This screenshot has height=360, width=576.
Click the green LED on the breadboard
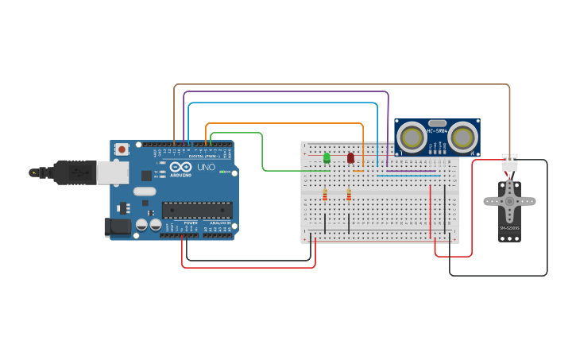click(x=327, y=158)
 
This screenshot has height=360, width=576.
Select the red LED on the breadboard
click(x=350, y=158)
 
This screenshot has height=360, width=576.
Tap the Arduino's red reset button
click(x=121, y=149)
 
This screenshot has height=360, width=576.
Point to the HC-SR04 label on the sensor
click(x=437, y=130)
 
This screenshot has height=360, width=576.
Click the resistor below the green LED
click(x=324, y=195)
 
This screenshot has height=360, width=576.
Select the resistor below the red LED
click(x=349, y=195)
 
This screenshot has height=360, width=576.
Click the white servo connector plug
click(x=509, y=162)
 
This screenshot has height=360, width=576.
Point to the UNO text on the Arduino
click(x=206, y=168)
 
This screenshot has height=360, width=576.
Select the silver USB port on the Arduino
click(x=111, y=172)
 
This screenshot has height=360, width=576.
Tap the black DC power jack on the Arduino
click(x=118, y=226)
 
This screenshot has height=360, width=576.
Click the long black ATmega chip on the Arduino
click(x=197, y=210)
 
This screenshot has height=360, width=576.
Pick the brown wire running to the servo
click(x=342, y=84)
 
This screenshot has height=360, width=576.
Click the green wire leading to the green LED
click(x=262, y=151)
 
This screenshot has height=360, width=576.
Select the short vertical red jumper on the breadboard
click(x=431, y=210)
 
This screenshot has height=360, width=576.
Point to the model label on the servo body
click(x=509, y=228)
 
